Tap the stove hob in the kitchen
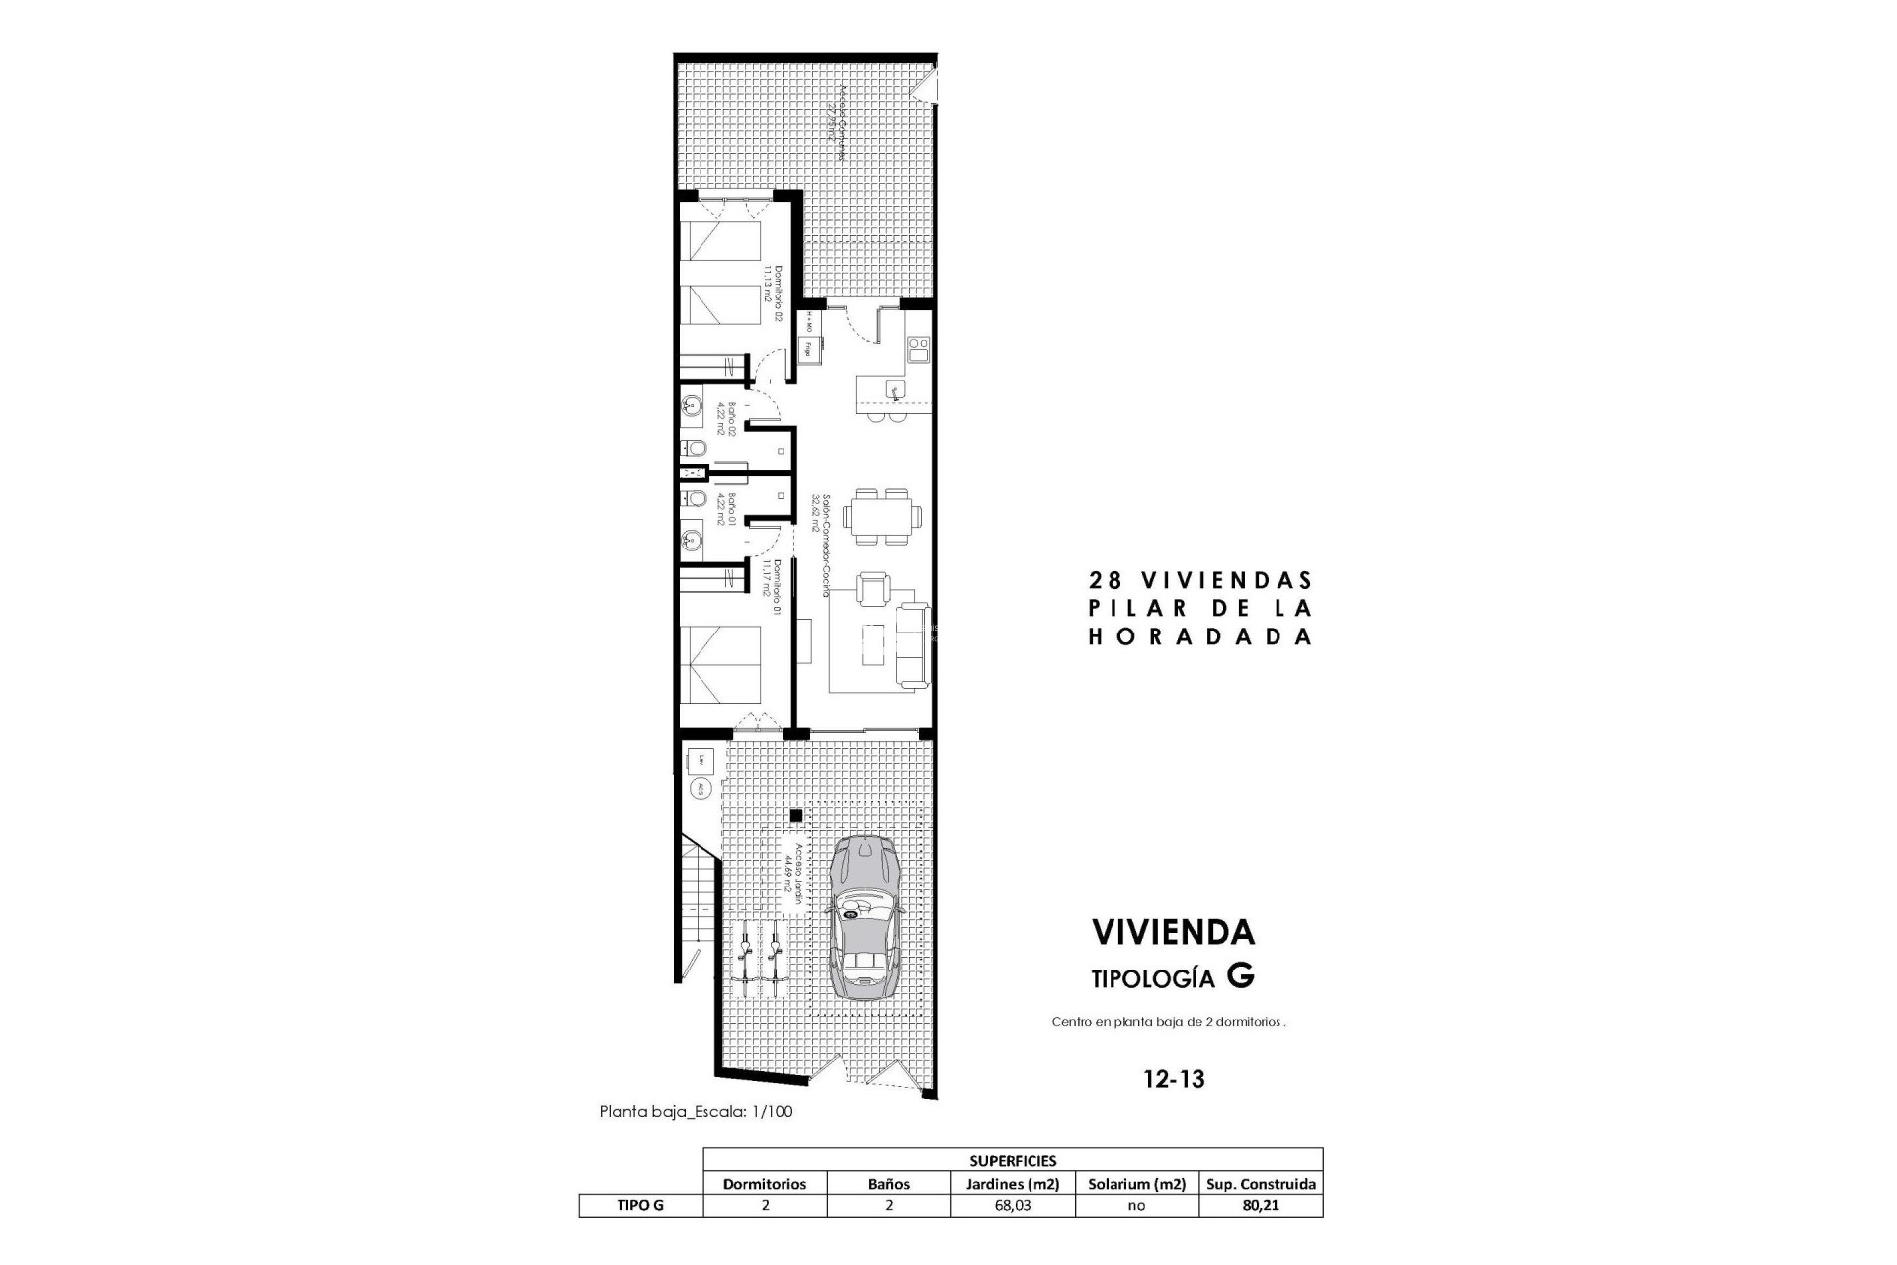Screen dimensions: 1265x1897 [x=918, y=349]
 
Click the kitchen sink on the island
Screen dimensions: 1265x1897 [x=895, y=388]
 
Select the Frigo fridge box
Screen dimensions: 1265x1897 [x=808, y=348]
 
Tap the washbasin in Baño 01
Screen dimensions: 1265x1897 [x=693, y=540]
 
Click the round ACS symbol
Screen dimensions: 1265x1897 [x=700, y=789]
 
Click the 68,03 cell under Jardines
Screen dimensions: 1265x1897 [x=1013, y=1206]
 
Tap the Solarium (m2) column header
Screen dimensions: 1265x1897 [x=1136, y=1184]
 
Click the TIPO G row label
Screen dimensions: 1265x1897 [x=640, y=1206]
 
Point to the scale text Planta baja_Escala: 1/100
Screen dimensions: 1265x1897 [x=696, y=1111]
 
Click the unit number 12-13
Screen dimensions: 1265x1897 [x=1174, y=1079]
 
